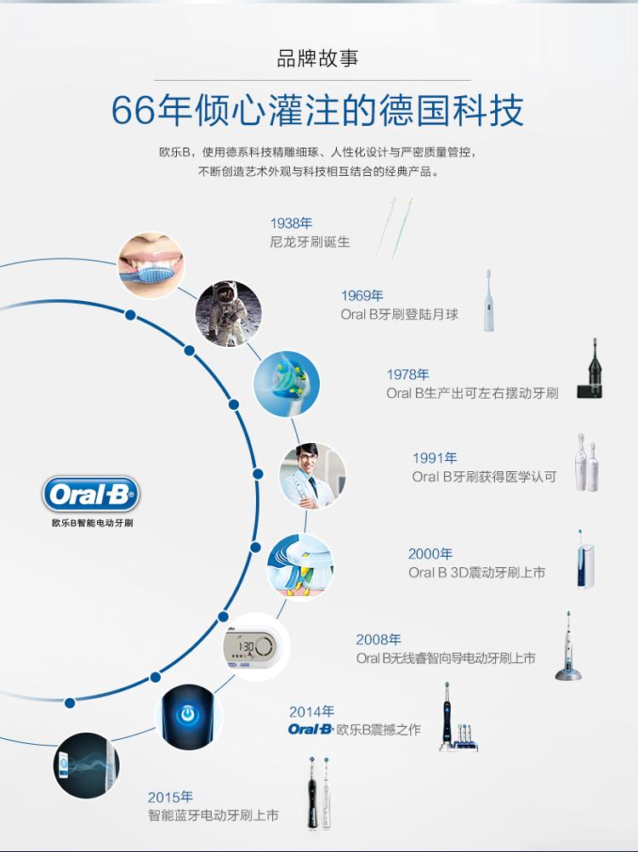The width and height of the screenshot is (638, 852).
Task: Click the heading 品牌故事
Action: [x=317, y=59]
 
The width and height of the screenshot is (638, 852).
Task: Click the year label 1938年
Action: [x=291, y=224]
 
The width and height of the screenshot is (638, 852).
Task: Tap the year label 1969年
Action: [x=362, y=296]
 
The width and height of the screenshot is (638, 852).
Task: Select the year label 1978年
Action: [x=407, y=374]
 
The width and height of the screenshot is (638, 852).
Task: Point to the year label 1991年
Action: [x=435, y=458]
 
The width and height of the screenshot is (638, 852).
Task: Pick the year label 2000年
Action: [x=430, y=554]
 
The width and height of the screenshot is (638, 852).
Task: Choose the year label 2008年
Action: [x=379, y=639]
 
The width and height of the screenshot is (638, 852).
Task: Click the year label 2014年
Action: [x=311, y=711]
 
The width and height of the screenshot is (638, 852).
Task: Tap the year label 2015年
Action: [x=170, y=797]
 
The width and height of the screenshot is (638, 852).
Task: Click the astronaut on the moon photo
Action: [x=228, y=314]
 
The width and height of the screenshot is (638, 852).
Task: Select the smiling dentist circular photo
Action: [x=312, y=476]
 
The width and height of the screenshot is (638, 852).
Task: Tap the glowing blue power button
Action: [x=187, y=714]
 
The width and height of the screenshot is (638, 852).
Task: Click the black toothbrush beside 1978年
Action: [x=590, y=370]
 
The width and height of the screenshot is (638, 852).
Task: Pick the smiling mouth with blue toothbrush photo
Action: [x=151, y=265]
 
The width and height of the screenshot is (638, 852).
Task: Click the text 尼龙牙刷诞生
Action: [x=310, y=241]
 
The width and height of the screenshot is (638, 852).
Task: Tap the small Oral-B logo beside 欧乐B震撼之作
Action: [x=310, y=730]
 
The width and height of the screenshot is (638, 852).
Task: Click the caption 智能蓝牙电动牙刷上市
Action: [x=213, y=815]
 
